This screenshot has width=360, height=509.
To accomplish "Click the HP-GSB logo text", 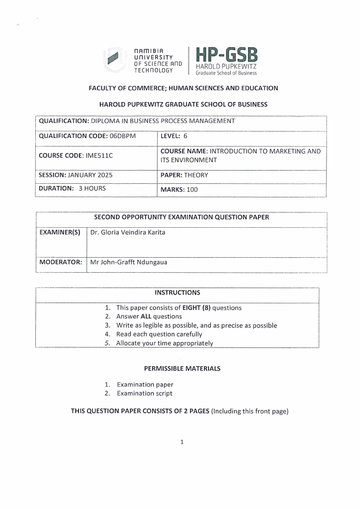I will (x=226, y=56).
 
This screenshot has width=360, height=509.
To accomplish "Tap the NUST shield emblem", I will (x=113, y=59).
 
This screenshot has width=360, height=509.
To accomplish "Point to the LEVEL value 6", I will (x=185, y=136).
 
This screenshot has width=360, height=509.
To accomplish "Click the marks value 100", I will (x=192, y=190).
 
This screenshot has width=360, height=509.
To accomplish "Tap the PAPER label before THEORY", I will (x=171, y=175).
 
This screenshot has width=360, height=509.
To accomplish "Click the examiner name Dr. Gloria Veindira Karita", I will (x=128, y=233).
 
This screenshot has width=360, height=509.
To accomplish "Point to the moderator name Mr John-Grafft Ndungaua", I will (x=129, y=262).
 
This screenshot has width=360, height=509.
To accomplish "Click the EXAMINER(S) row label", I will (x=60, y=233).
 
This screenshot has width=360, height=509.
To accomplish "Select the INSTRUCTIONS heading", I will (x=177, y=293).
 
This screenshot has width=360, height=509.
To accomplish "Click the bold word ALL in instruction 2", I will (x=146, y=317).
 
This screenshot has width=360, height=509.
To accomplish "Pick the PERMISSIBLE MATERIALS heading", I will (x=182, y=368).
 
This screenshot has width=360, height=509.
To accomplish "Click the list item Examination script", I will (x=145, y=393).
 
